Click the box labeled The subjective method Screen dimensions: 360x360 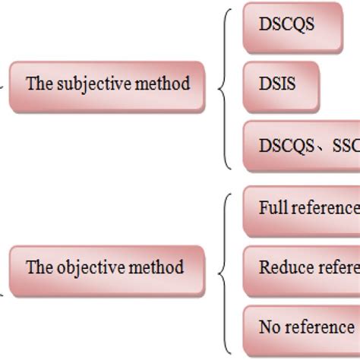click(x=108, y=83)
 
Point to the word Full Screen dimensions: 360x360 click(x=271, y=207)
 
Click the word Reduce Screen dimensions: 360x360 click(x=281, y=267)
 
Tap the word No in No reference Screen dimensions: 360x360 click(x=269, y=328)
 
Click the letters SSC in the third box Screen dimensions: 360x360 click(x=345, y=145)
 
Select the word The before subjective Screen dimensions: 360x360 click(x=38, y=84)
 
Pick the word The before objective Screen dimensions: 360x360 click(x=38, y=267)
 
